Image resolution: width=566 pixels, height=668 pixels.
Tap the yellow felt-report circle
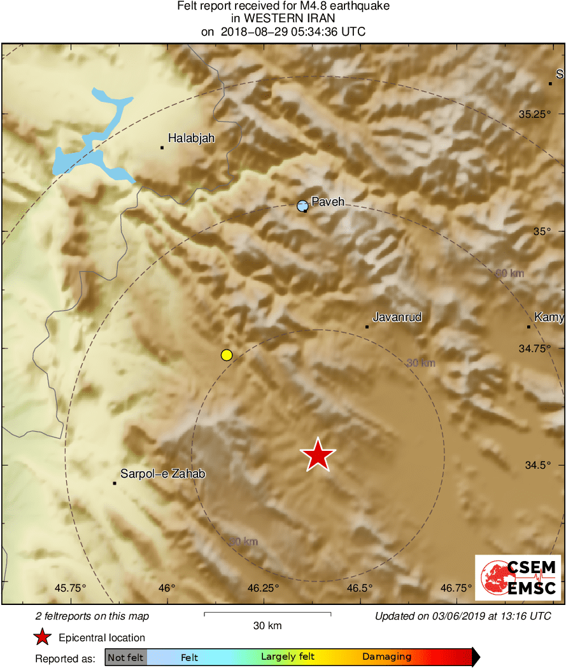click(x=226, y=355)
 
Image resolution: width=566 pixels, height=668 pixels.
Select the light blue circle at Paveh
click(x=302, y=205)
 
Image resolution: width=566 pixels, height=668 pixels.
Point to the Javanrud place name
click(x=397, y=317)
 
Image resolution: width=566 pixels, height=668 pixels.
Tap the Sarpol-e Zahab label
click(x=163, y=474)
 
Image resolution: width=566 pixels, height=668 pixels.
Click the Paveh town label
click(x=328, y=202)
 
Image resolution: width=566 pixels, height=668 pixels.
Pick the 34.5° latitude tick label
click(x=537, y=465)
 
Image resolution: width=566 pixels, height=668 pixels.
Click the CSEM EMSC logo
click(x=518, y=577)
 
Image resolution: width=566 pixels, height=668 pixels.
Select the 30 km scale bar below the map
click(x=267, y=614)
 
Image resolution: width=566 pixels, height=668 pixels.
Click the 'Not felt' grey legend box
click(x=125, y=657)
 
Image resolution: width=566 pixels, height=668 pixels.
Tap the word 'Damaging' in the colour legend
click(x=386, y=657)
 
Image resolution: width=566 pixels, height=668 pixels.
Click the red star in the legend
click(x=43, y=637)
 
